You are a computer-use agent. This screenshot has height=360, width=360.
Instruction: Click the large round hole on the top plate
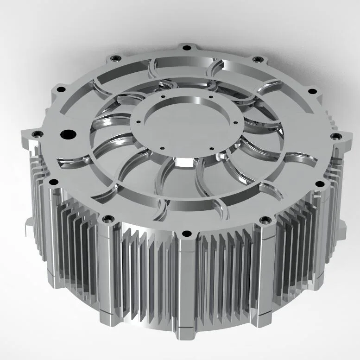[x=68, y=134]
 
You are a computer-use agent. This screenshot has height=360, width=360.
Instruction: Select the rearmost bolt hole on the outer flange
[x=186, y=47]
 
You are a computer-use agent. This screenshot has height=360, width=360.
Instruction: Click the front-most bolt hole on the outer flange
[x=186, y=233]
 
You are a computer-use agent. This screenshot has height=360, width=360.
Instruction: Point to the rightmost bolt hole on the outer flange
[x=336, y=136]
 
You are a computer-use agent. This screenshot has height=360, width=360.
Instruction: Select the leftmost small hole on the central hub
[x=137, y=122]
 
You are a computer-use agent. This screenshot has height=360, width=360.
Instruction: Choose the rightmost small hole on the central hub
[x=237, y=122]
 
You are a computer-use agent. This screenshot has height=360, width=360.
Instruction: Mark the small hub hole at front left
[x=162, y=148]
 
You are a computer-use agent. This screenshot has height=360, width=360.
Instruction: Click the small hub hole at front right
[x=211, y=149]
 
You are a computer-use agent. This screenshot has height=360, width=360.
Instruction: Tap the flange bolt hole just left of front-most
[x=108, y=218]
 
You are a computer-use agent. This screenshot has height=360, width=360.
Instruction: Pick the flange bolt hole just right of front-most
[x=265, y=219]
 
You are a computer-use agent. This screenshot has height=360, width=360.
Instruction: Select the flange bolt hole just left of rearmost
[x=115, y=58]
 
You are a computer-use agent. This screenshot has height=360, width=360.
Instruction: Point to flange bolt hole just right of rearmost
[x=258, y=59]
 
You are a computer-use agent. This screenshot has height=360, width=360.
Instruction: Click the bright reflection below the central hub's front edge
[x=185, y=163]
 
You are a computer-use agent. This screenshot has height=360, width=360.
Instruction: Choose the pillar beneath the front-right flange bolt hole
[x=264, y=269]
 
